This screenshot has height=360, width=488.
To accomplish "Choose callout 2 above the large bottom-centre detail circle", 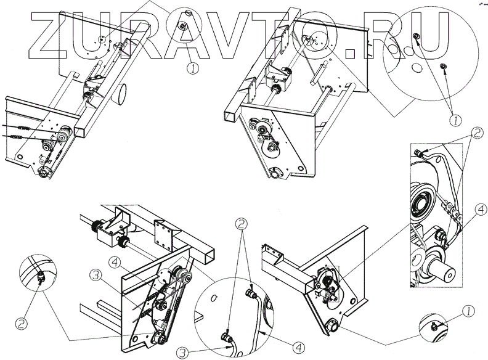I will [245, 225].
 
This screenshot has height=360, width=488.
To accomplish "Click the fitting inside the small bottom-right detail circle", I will [435, 325].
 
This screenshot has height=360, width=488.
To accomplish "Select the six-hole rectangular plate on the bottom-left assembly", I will [166, 231].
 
